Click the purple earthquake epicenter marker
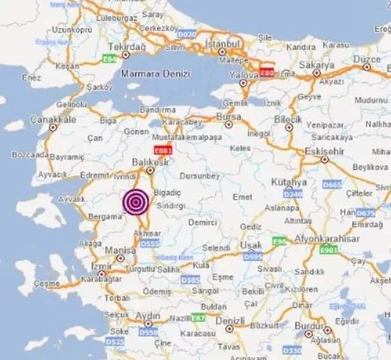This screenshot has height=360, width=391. [x=135, y=201]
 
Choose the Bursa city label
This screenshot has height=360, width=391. [x=229, y=117]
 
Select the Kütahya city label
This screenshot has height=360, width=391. [x=289, y=182]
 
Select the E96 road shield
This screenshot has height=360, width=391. [x=279, y=242]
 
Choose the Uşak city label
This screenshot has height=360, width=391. [x=255, y=244]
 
